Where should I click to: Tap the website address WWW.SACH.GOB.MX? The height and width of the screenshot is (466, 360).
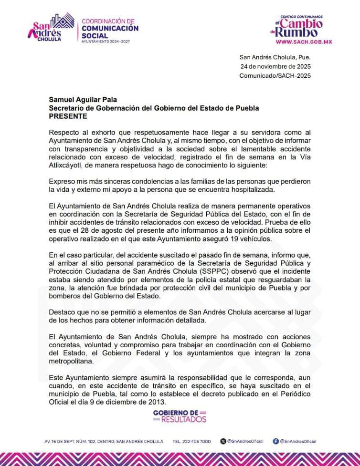[x=304, y=41]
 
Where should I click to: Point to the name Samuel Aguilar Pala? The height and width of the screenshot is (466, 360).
[x=83, y=100]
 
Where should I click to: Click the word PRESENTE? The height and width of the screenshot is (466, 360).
[x=68, y=116]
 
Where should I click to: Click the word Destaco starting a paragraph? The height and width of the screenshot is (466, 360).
[x=63, y=312]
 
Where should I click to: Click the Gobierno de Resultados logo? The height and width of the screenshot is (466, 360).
[x=180, y=416]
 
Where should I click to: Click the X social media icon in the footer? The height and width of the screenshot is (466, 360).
[x=223, y=442]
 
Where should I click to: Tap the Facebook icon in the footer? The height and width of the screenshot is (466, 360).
[x=275, y=442]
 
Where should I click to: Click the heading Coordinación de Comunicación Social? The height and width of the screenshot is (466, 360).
[x=110, y=30]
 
